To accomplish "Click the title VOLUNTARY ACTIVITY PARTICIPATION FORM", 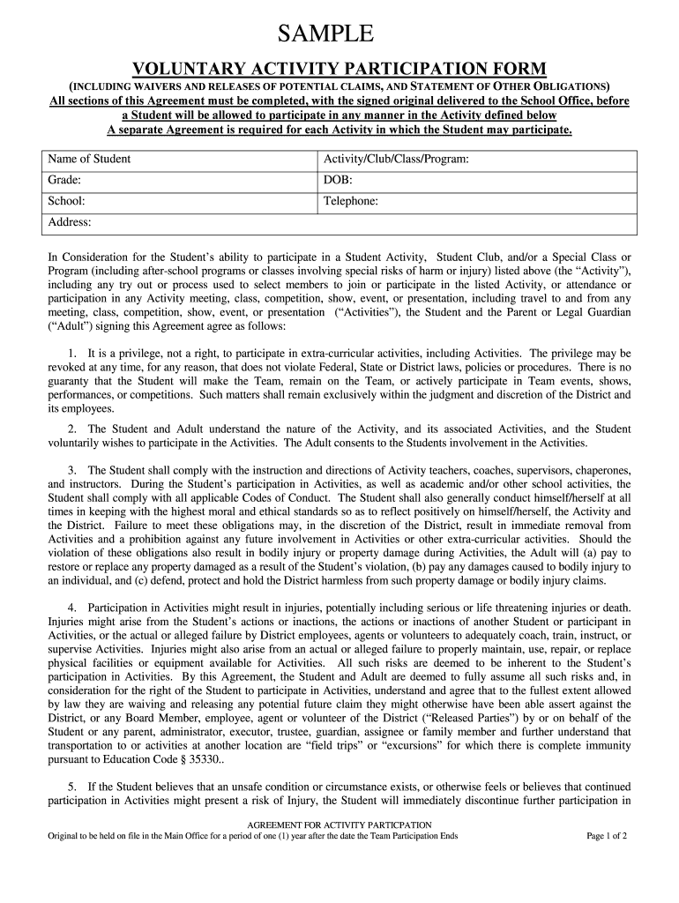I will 339,69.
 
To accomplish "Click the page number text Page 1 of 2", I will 606,836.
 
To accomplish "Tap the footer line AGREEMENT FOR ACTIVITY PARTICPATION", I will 339,825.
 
